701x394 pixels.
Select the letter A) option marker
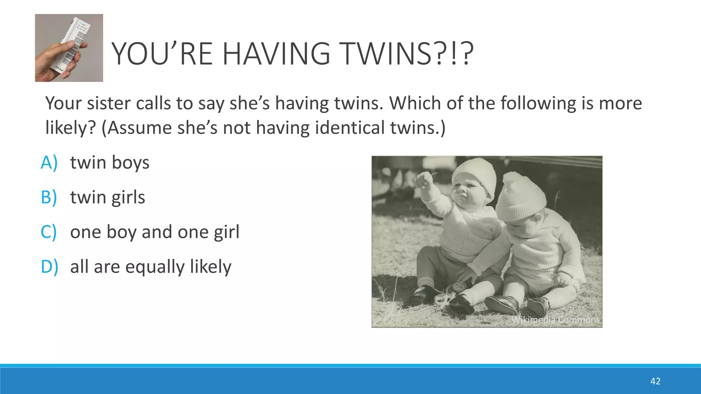point(49,162)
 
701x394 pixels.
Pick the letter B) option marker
point(49,197)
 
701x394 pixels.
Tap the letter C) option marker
point(49,232)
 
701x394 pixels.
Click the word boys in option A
point(130,163)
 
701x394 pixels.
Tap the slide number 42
point(655,381)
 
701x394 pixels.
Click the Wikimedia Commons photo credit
point(555,320)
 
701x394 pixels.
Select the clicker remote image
point(69,48)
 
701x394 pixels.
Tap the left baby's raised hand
point(424,179)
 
